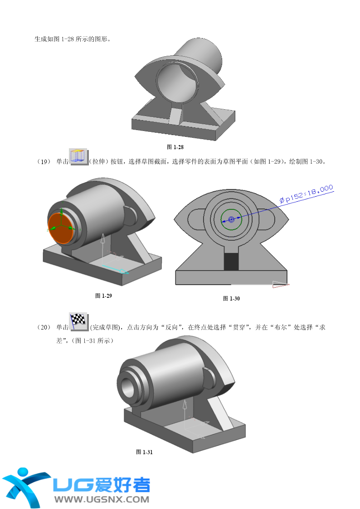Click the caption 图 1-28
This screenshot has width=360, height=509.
tap(175, 147)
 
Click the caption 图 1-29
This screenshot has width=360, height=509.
tap(103, 296)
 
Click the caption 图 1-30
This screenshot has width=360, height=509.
tap(231, 299)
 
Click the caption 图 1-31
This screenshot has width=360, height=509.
tap(144, 452)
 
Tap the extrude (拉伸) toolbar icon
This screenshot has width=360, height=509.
tap(79, 157)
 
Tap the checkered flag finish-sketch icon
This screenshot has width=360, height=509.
tap(79, 322)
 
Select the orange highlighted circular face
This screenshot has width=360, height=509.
tap(61, 228)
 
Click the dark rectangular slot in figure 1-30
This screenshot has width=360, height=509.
tap(231, 261)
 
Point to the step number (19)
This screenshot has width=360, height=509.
tap(44, 162)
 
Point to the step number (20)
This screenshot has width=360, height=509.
tap(44, 327)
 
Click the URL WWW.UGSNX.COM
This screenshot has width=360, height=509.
tap(102, 499)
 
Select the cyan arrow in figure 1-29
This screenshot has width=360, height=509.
tap(116, 269)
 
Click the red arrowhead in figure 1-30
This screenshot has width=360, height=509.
tap(280, 284)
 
